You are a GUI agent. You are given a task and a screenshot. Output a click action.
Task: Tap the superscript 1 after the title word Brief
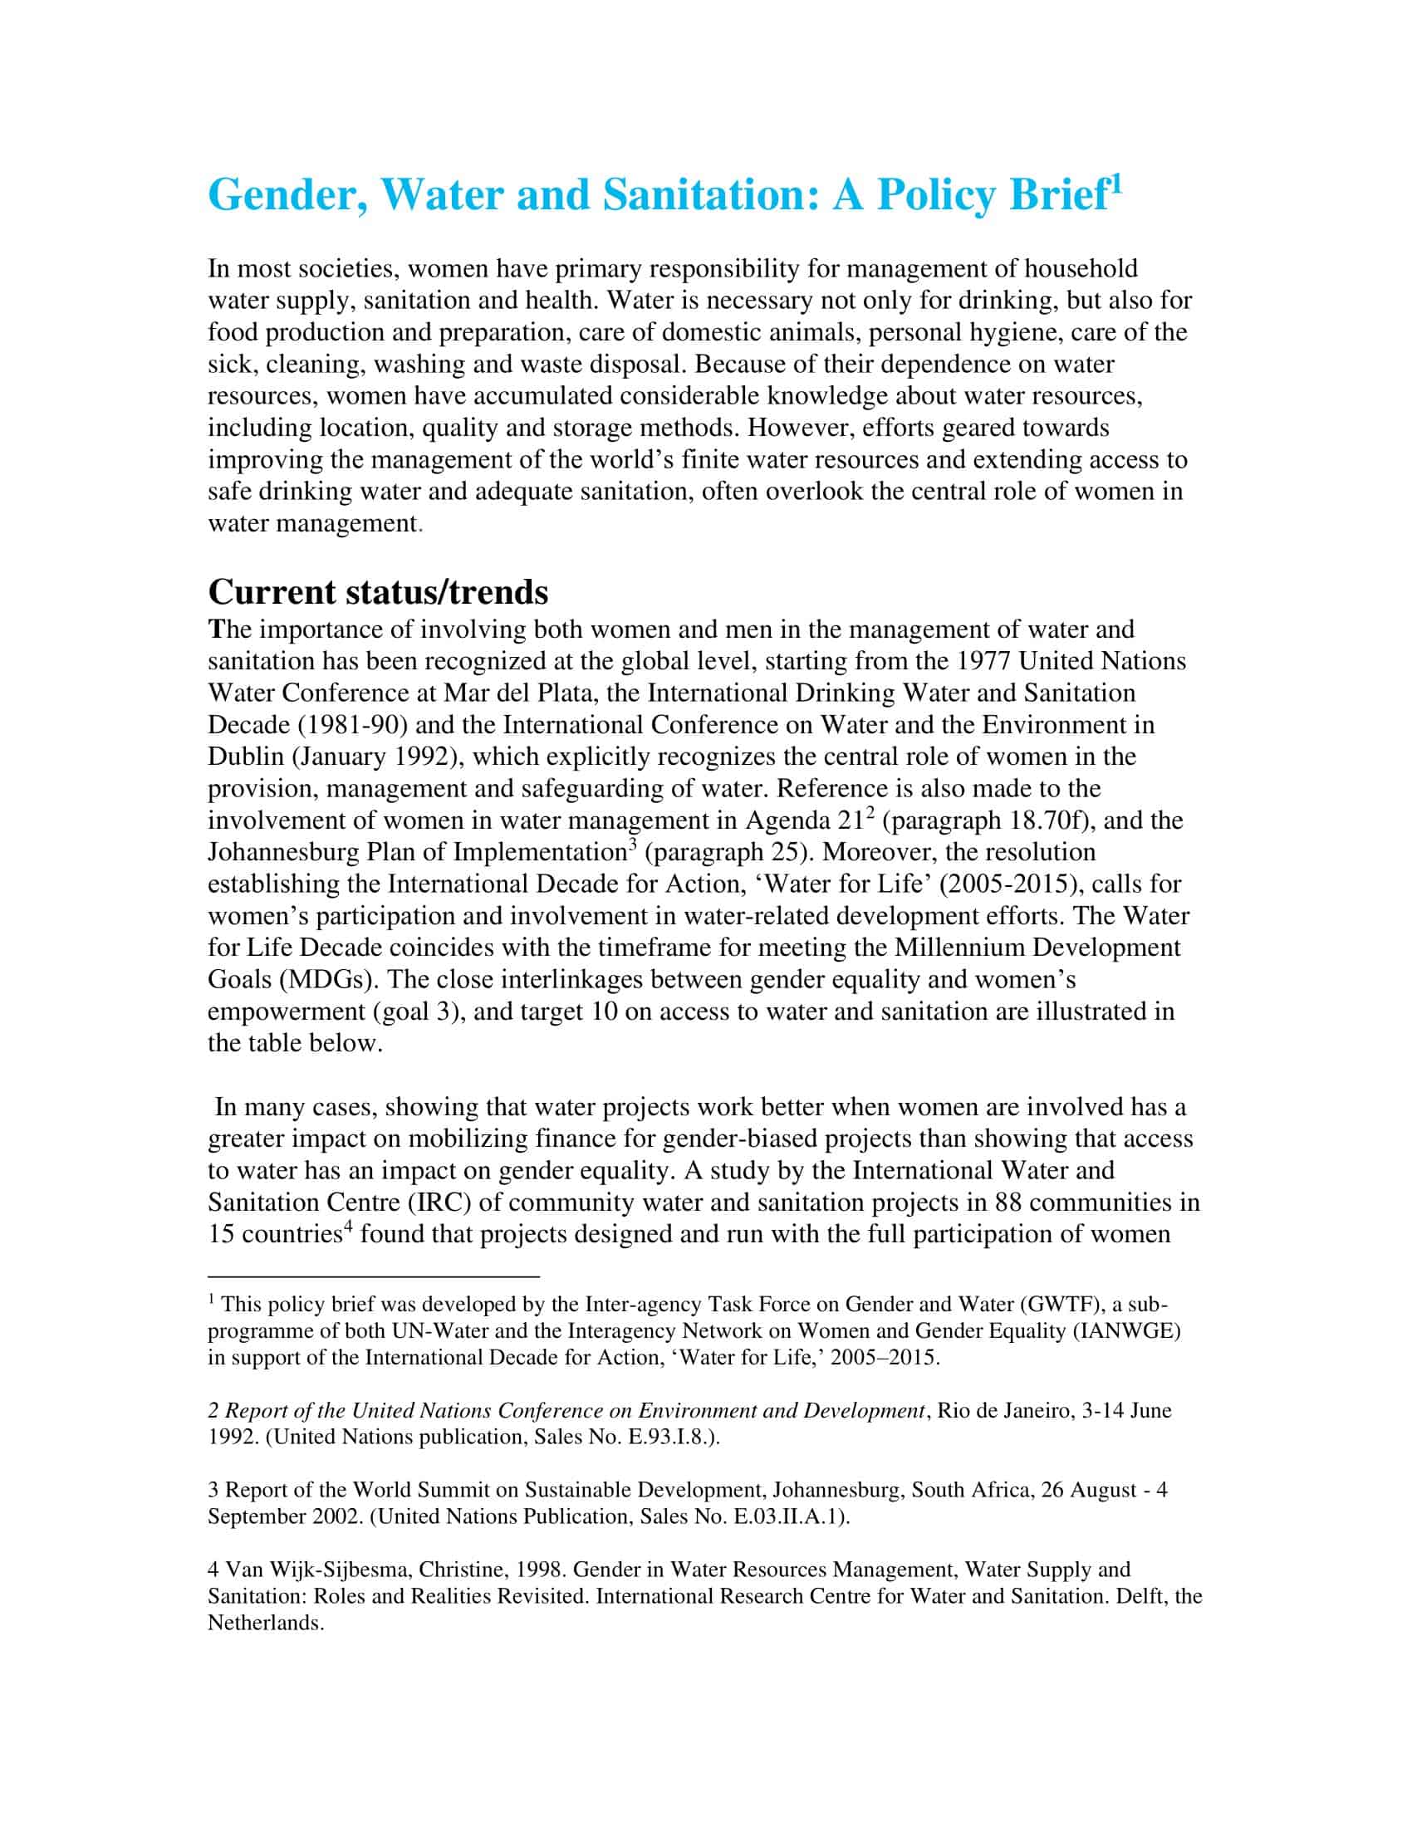point(1114,183)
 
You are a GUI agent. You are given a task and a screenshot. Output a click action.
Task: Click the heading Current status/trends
point(378,591)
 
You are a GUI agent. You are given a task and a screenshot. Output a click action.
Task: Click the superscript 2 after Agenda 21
point(870,812)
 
